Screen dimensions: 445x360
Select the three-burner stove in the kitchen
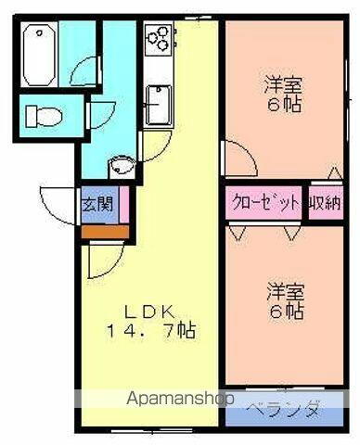coord(159,38)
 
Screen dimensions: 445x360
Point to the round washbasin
coord(119,167)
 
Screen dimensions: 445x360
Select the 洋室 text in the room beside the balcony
coord(284,288)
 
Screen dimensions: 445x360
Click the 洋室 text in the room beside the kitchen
coord(283,83)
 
